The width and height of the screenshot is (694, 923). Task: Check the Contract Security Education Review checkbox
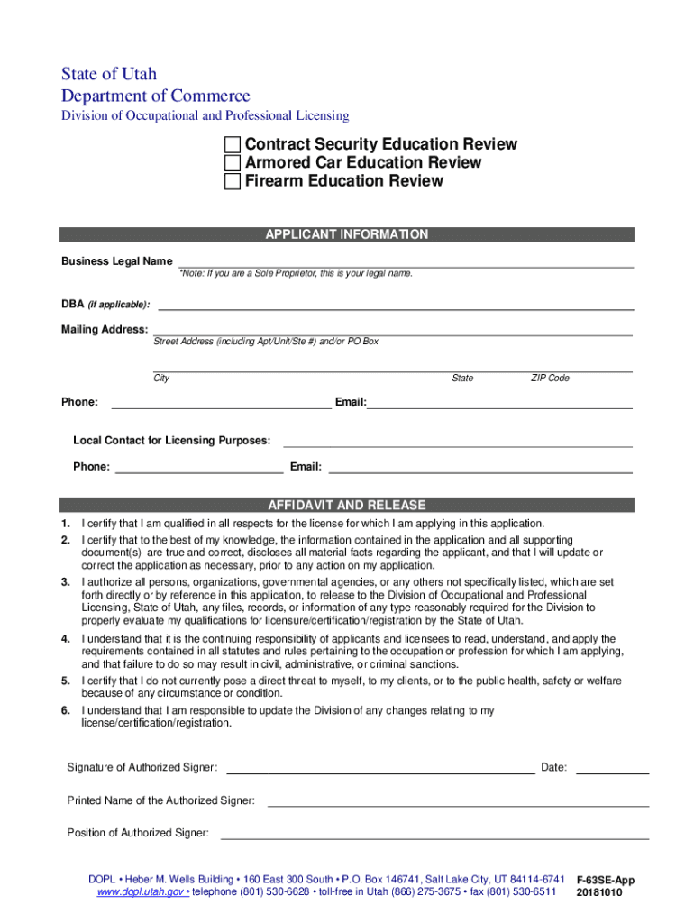233,145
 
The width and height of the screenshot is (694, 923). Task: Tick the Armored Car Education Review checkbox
233,163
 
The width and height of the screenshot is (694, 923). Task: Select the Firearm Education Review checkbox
233,181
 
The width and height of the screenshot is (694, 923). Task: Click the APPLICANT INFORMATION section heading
346,234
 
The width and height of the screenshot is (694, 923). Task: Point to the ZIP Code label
550,379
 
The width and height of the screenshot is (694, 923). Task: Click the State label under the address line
462,379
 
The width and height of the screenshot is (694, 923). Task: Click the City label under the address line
161,379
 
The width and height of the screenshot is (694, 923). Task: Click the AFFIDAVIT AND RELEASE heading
346,506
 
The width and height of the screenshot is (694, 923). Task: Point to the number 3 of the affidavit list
66,582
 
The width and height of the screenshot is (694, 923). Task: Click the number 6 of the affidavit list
66,711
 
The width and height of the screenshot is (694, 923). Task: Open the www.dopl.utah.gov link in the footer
142,892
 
